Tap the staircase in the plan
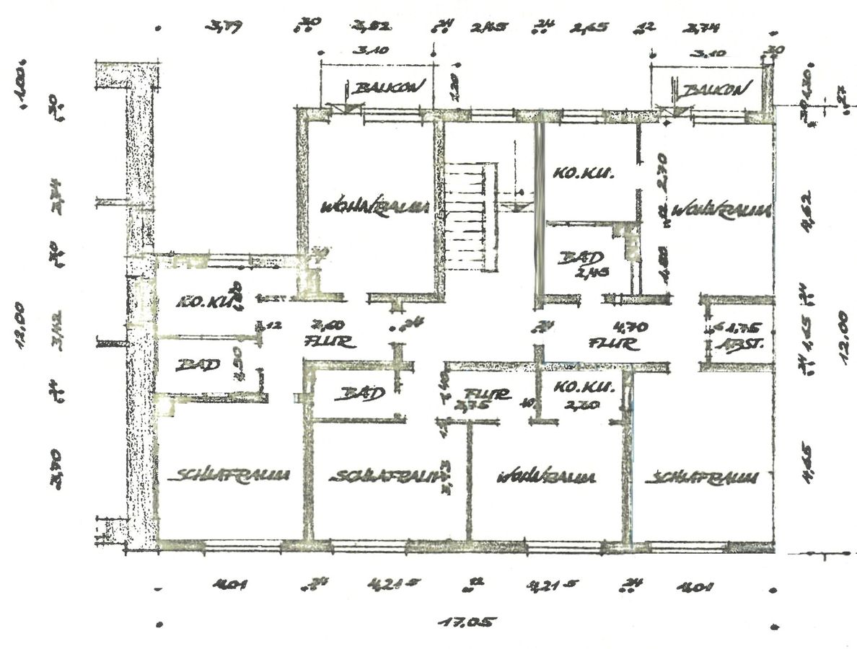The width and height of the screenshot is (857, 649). click(471, 216)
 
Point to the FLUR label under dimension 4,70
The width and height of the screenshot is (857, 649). click(615, 344)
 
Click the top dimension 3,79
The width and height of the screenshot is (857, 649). click(226, 27)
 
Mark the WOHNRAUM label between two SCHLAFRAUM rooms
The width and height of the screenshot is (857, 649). click(546, 477)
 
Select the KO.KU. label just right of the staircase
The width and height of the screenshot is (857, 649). click(583, 173)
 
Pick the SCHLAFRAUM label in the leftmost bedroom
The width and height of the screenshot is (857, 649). click(232, 475)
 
